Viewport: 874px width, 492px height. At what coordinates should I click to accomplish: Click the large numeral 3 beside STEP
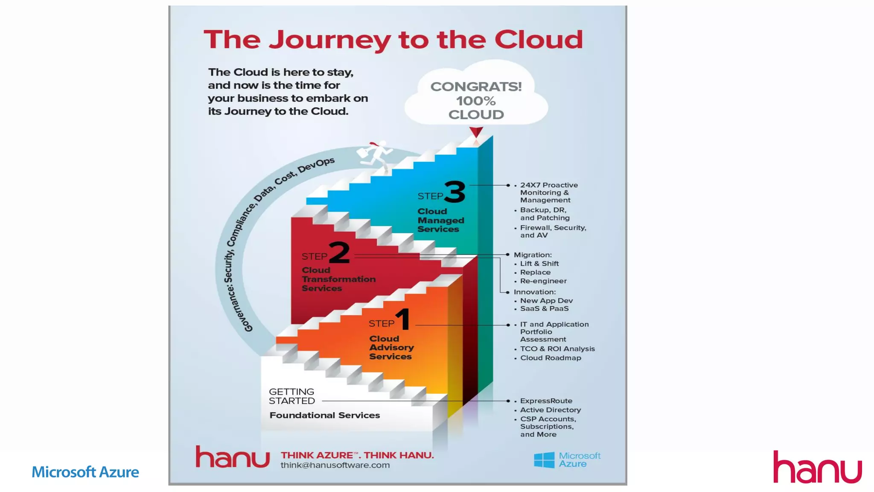coord(455,192)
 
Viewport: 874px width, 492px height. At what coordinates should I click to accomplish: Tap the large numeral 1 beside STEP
coord(403,319)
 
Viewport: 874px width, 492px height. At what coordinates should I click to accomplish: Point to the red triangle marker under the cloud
coord(476,132)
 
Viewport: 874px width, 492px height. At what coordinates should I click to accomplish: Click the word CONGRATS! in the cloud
coord(476,87)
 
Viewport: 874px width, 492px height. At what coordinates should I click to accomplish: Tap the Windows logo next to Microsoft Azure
coord(544,460)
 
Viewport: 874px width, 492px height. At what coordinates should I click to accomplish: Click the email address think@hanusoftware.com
coord(335,465)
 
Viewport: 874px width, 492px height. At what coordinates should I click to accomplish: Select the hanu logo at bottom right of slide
coord(817,467)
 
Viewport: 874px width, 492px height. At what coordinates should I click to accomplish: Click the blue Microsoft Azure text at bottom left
coord(85,472)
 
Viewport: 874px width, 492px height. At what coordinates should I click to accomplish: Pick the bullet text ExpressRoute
coord(546,401)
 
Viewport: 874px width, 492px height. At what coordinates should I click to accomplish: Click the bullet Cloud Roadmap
coord(551,358)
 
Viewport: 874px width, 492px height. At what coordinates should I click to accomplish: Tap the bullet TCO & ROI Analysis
coord(557,349)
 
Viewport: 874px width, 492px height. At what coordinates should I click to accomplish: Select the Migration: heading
coord(533,255)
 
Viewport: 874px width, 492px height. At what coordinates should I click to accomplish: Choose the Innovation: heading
coord(535,292)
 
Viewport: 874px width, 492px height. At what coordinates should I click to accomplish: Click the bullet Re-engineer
coord(543,281)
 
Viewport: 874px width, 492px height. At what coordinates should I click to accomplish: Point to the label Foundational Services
coord(324,415)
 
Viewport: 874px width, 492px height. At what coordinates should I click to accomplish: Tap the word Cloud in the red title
coord(539,40)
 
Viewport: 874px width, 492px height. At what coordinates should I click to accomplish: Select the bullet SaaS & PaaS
coord(544,308)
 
